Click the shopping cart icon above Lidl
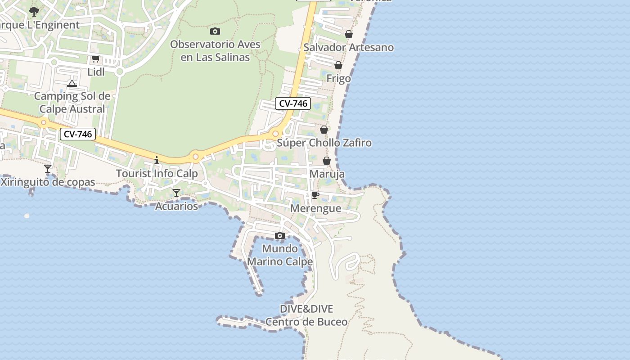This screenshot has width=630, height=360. (95, 59)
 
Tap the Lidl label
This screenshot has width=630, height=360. (96, 72)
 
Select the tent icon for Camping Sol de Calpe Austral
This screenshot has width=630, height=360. (72, 83)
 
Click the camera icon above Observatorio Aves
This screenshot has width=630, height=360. (215, 31)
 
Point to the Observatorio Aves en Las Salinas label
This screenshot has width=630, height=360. (215, 51)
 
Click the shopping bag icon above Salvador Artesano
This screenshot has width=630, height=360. (349, 34)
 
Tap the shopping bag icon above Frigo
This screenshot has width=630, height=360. (338, 65)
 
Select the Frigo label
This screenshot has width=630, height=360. (338, 79)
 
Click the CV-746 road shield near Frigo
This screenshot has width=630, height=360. (293, 103)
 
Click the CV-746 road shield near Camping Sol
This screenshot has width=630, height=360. (78, 134)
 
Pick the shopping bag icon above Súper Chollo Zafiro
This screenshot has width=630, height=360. (324, 130)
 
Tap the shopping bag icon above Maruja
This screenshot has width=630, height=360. (327, 161)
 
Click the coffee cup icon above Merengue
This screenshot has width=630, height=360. (315, 195)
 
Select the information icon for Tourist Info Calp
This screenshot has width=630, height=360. (157, 160)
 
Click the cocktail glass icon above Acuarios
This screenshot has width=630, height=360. (176, 193)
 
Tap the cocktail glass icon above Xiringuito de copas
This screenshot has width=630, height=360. (48, 169)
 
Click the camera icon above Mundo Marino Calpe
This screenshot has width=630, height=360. (280, 235)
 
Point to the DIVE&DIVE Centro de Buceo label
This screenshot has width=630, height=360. (306, 315)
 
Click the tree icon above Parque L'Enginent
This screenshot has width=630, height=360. (34, 11)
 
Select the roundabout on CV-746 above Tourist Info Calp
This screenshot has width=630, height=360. (195, 157)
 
